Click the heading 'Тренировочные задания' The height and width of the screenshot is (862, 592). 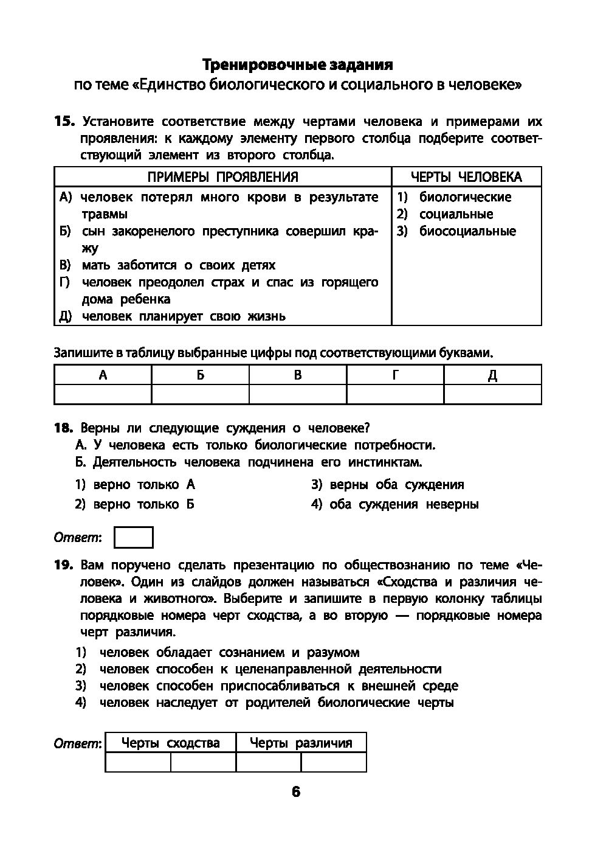(x=297, y=64)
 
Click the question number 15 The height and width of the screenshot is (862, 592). (x=64, y=121)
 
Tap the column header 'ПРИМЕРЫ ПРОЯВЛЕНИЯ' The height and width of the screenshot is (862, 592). (x=223, y=177)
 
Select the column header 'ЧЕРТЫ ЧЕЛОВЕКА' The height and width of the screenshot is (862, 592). (x=466, y=177)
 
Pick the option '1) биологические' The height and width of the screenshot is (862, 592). (x=455, y=197)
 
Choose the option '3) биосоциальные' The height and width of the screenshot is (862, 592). (x=457, y=231)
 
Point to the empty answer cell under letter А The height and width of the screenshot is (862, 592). (x=103, y=394)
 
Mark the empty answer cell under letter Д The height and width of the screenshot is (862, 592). (x=492, y=394)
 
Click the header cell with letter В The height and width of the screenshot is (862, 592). (x=298, y=375)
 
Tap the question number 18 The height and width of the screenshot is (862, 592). (x=64, y=428)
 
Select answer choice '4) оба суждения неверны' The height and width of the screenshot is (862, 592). (x=395, y=504)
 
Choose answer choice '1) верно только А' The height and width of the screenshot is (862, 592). (x=135, y=485)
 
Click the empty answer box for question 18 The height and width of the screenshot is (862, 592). (x=134, y=538)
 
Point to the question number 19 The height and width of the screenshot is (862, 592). (x=64, y=565)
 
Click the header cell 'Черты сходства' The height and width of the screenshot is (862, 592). (x=170, y=743)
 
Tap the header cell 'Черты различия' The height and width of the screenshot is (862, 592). (x=301, y=743)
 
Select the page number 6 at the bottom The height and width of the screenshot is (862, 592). (x=296, y=791)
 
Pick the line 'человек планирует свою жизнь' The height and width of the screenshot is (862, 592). (x=184, y=316)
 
